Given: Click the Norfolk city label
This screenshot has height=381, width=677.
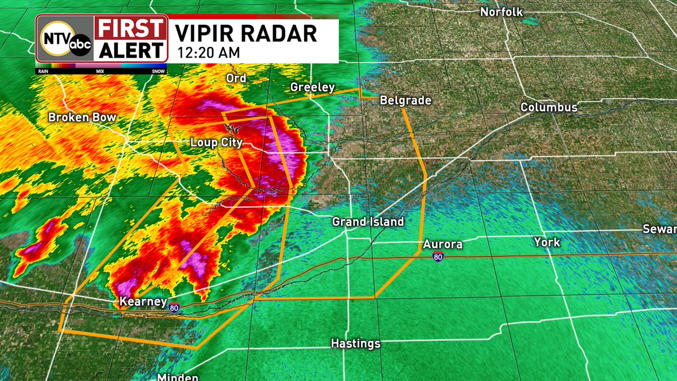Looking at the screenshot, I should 502,12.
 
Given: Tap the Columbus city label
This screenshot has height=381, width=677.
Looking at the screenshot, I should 549,107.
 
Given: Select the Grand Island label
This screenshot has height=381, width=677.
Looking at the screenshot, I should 368,222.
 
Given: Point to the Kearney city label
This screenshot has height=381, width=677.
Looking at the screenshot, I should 143,302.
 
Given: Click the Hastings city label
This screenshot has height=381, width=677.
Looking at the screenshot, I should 355,343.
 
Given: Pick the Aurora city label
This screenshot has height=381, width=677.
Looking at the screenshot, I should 443,244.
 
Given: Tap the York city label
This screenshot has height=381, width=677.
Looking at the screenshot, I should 547,242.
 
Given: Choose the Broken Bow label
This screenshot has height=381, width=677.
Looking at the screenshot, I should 82,117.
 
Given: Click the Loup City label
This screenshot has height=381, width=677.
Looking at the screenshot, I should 216,143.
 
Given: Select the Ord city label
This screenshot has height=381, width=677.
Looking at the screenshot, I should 236,78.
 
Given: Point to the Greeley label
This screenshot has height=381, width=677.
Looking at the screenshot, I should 313,87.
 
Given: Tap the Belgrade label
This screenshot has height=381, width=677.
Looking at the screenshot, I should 406,100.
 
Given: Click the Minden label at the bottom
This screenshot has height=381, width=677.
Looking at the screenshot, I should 178,377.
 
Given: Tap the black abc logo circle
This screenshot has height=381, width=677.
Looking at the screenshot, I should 80,45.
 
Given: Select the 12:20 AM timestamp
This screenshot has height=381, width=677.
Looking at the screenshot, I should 209,53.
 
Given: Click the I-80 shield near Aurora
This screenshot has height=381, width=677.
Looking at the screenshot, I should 438,257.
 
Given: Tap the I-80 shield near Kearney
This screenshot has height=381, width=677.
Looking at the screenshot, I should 174,308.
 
